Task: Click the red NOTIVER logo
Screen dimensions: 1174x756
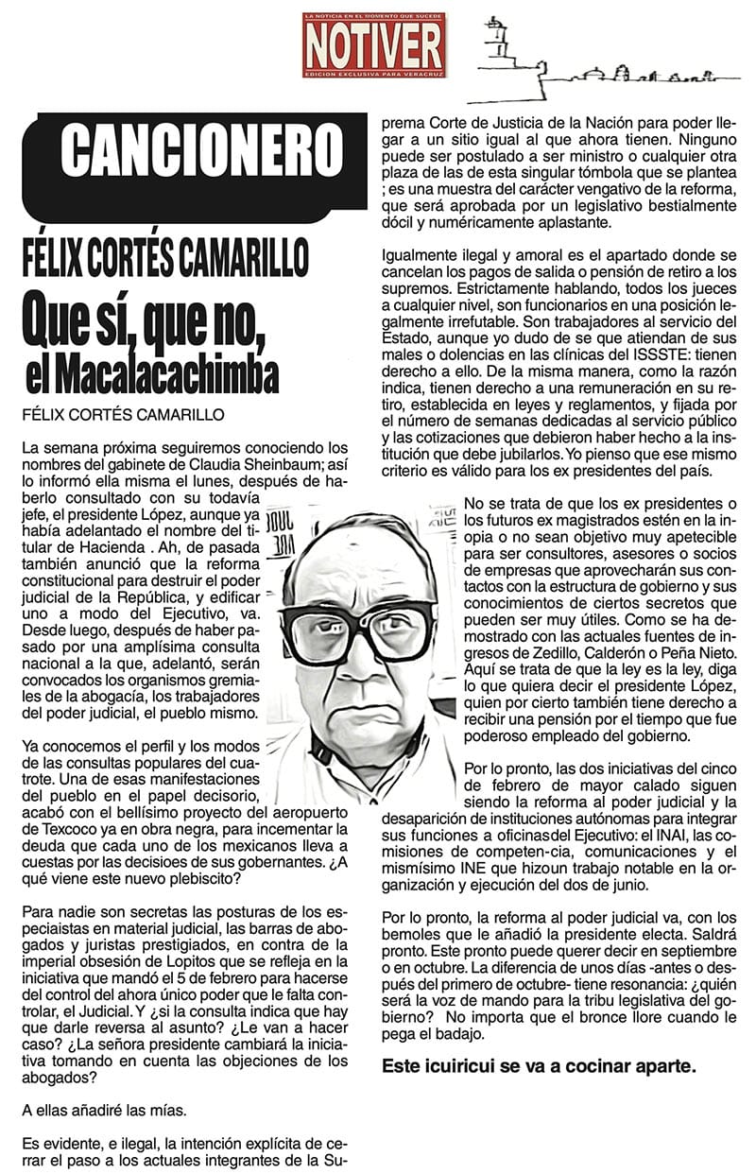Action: coord(373,44)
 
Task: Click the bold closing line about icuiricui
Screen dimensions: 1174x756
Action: coord(539,1066)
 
